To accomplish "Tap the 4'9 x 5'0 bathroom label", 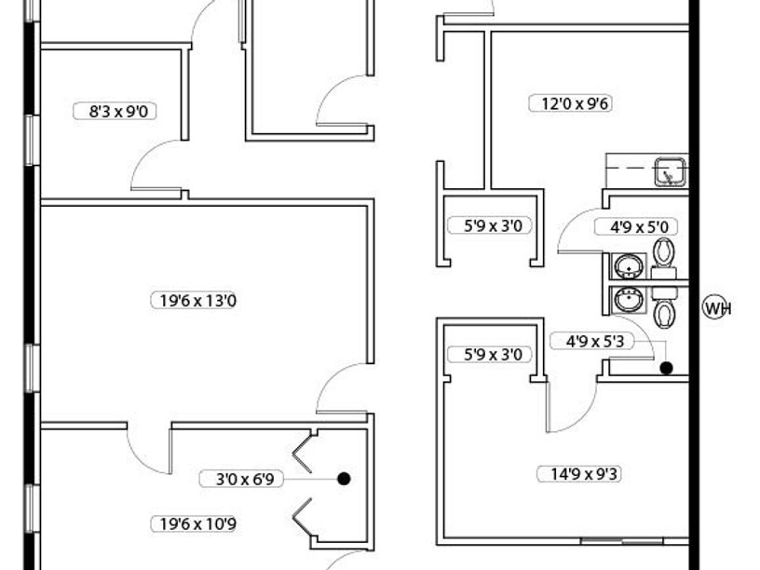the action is pyautogui.click(x=644, y=226).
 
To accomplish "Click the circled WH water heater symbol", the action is pyautogui.click(x=715, y=307).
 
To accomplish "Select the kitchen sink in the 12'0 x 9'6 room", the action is pyautogui.click(x=669, y=171).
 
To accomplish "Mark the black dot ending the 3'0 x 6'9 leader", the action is pyautogui.click(x=344, y=479).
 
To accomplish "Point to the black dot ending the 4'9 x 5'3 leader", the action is pyautogui.click(x=667, y=369).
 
